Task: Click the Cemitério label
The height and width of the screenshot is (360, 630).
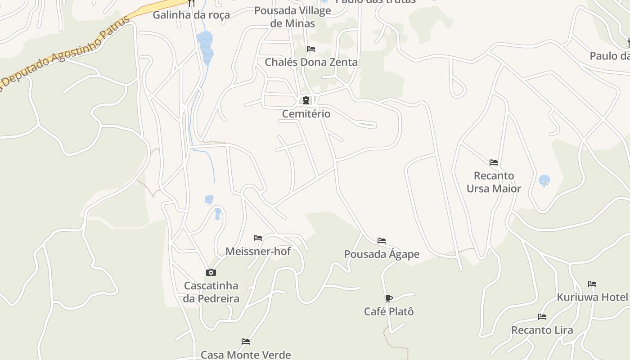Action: coord(306,114)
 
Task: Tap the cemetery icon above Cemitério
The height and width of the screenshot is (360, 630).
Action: coord(306,100)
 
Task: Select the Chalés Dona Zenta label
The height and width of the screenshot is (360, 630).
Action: coord(311,62)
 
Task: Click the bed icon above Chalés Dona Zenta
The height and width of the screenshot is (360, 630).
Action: coord(311,49)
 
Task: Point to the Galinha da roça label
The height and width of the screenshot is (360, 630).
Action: coord(191,15)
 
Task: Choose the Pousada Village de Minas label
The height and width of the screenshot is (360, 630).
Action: coord(292,17)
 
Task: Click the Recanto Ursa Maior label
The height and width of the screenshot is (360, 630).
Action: coord(494,182)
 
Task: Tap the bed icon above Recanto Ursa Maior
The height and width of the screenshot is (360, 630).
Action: coord(494,162)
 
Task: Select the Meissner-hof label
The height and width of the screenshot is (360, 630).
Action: coord(258,252)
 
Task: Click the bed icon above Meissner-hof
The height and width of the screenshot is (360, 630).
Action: coord(258,238)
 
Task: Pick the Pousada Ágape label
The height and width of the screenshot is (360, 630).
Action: coord(382,254)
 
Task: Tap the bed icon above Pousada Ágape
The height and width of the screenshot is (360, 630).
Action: coord(382,241)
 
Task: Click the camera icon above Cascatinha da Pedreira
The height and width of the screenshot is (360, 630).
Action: coord(211,273)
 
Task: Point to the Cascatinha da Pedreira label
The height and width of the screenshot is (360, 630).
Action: coord(211,292)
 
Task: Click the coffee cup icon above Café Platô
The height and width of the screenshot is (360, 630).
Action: coord(389,298)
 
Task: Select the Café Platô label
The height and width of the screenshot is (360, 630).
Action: coord(389,311)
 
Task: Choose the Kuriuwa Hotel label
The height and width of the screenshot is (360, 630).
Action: coord(592,297)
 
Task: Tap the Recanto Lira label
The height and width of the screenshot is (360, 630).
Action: coord(542,330)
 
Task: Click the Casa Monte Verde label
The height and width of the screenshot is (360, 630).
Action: coord(246,355)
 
